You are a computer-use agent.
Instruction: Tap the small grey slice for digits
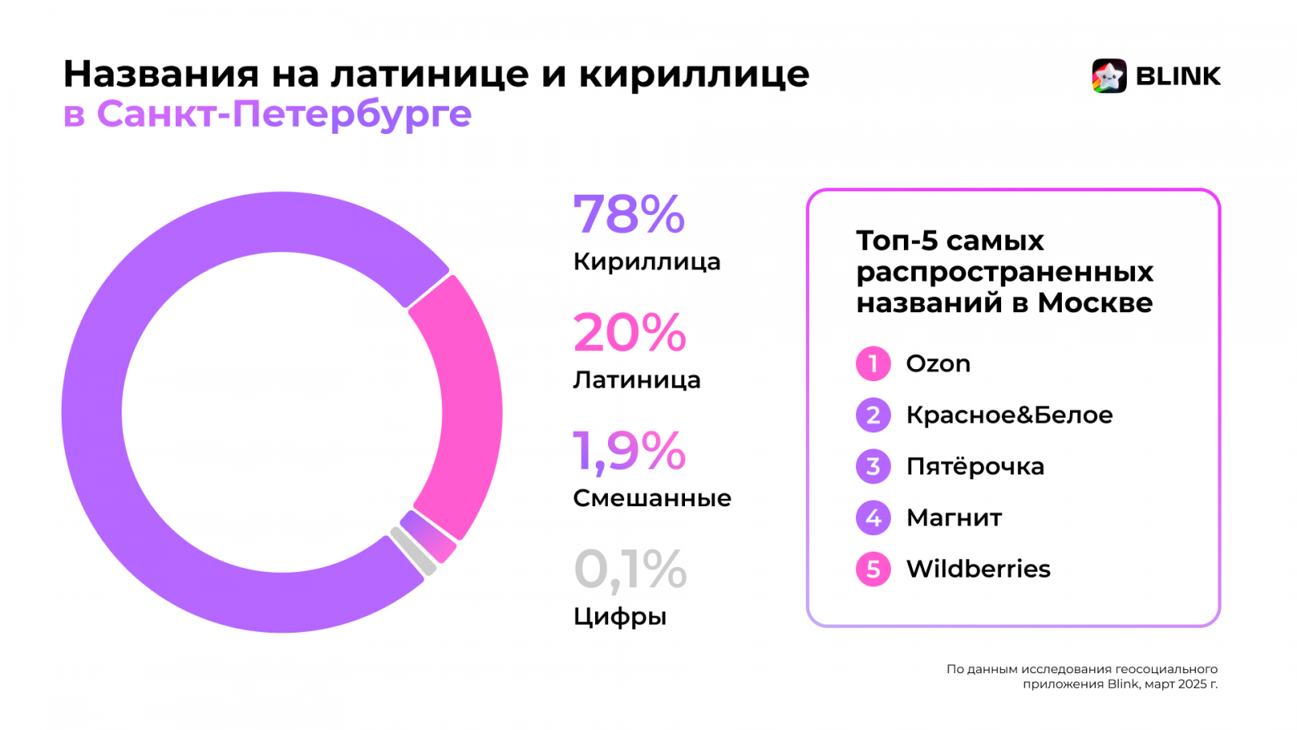click(x=413, y=552)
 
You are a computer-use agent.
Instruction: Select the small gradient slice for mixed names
click(x=428, y=536)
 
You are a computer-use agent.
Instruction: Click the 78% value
click(x=629, y=215)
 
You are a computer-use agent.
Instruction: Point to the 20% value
click(x=629, y=333)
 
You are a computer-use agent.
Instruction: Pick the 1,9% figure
click(x=629, y=451)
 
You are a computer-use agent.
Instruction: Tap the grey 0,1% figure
click(x=630, y=569)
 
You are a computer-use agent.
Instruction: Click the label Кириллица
click(x=646, y=262)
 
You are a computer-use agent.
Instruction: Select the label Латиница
click(x=636, y=380)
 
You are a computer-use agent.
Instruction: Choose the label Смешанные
click(x=652, y=498)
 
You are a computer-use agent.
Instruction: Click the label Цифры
click(x=619, y=616)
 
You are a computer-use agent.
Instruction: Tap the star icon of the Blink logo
click(x=1109, y=76)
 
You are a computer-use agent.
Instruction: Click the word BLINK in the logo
click(x=1178, y=76)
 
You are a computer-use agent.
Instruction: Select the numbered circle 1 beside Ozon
click(x=873, y=363)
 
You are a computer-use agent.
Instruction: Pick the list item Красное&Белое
click(x=1009, y=415)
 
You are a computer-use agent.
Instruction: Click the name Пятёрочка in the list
click(x=975, y=466)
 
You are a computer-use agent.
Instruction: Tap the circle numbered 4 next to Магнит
click(x=873, y=517)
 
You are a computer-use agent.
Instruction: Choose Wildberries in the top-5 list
click(x=978, y=569)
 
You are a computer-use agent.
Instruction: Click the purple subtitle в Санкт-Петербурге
click(x=268, y=114)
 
